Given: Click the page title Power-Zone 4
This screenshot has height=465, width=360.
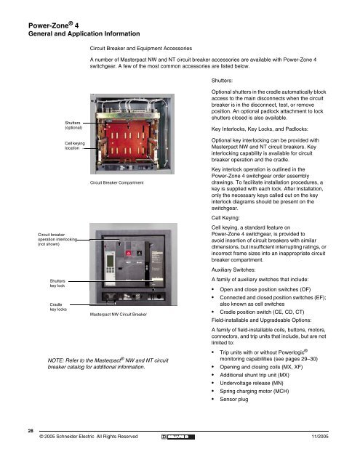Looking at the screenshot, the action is pos(53,25).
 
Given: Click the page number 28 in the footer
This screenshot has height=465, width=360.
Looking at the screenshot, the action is pos(31,431).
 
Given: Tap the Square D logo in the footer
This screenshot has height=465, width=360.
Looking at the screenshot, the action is pos(178,437).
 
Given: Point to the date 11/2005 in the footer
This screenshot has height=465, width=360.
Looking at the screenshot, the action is pos(320,436).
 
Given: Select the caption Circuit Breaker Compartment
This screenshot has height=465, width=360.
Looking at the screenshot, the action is pos(116,182).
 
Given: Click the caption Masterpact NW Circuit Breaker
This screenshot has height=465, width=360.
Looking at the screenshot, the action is pos(118,315).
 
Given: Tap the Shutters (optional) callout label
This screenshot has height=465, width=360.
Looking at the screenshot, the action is pos(73,125).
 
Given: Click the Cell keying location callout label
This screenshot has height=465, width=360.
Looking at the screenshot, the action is pos(74,145).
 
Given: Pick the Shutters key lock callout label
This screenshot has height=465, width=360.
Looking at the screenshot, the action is pos(57,283).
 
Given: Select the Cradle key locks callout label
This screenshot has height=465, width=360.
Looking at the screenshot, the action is pos(58,307).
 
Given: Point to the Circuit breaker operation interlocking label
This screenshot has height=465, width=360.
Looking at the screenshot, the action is pos(57,239).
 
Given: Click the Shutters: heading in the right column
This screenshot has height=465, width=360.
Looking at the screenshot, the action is pos(222,81).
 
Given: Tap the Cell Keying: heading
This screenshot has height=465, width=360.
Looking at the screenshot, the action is pos(225,218).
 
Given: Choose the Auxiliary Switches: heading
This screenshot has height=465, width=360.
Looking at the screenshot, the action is pos(233,270).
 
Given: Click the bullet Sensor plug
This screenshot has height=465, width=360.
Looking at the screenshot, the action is pos(234,399).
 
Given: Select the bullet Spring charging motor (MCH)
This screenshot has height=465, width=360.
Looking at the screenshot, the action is pos(255,391).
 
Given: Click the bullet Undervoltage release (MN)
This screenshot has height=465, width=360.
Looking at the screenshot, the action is pos(252,383).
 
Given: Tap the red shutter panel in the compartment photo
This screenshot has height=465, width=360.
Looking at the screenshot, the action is pos(128,139).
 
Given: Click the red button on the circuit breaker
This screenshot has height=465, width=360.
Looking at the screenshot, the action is pos(129,253).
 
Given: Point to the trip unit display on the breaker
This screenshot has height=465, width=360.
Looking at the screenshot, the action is pos(110,261).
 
